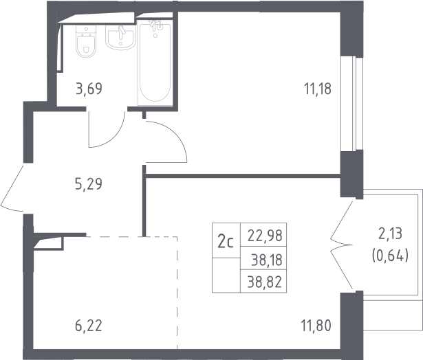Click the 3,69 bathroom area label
[89, 89]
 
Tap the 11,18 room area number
[318, 89]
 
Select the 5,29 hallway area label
[89, 184]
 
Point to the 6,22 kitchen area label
[89, 326]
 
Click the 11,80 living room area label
[316, 326]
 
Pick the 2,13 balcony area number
[391, 234]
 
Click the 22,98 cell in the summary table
[263, 235]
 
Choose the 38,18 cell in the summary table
[263, 258]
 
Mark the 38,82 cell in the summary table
[263, 281]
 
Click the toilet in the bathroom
[86, 41]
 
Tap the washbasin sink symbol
[120, 38]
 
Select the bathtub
[155, 63]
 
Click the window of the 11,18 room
[351, 104]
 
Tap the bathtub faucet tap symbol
[156, 26]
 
